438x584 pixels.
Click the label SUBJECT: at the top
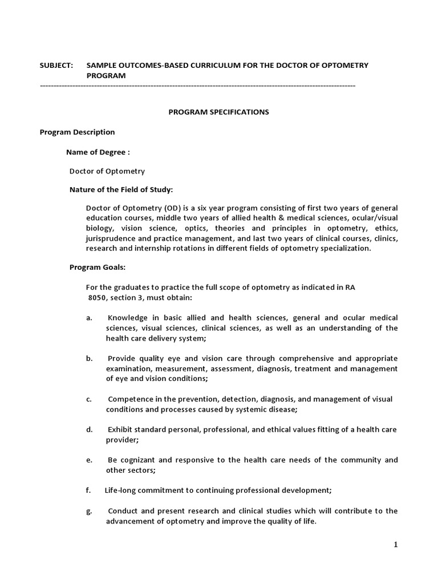[x=56, y=65]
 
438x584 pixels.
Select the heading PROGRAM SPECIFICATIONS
[x=218, y=112]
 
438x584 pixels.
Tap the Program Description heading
[x=77, y=132]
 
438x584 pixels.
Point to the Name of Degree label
[x=98, y=152]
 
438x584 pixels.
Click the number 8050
[x=97, y=297]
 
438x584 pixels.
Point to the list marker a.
[x=89, y=317]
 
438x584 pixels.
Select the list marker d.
[x=89, y=429]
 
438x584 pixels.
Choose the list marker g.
[x=89, y=510]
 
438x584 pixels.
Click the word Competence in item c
[x=129, y=399]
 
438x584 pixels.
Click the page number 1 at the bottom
[x=395, y=545]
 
